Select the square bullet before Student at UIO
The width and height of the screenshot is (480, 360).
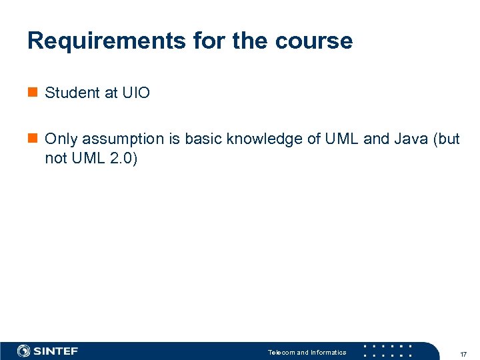coord(32,93)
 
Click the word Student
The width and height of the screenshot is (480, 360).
coord(72,93)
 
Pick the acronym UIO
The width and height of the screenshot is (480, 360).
coord(136,93)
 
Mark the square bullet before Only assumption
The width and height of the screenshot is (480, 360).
coord(32,139)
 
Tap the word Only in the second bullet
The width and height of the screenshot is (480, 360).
coord(59,139)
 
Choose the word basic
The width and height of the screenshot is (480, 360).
coord(203,139)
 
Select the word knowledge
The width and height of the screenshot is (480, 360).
coord(265,139)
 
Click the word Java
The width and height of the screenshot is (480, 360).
coord(410,139)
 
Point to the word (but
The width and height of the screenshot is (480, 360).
coord(446,139)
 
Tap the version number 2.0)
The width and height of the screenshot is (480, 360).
coord(122,159)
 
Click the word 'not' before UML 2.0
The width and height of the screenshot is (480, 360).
coord(55,159)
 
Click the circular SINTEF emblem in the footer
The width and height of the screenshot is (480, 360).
coord(24,351)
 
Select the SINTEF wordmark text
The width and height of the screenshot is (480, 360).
coord(57,351)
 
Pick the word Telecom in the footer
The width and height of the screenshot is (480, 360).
coord(281,352)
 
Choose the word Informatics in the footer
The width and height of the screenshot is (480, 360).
coord(328,352)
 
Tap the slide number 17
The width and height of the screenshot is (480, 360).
coord(463,353)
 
